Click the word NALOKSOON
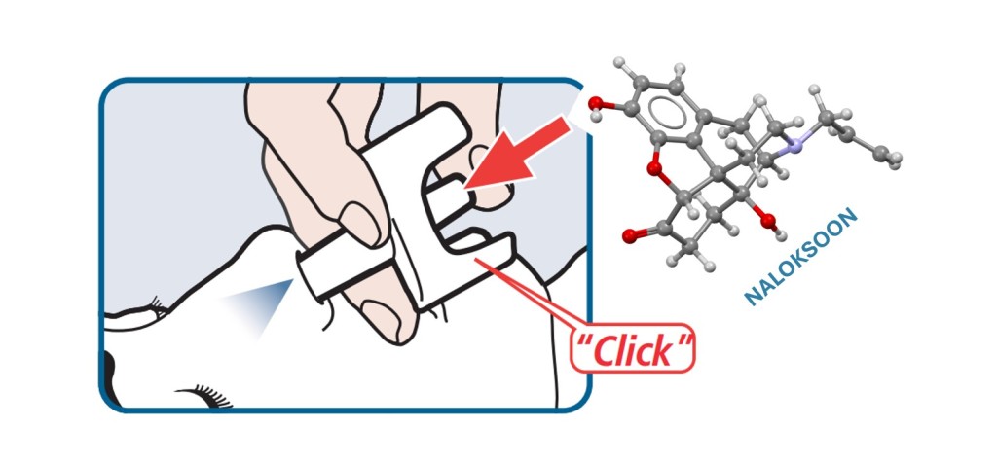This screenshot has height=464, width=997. (x=801, y=257)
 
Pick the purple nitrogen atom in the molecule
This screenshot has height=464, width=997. (x=793, y=146)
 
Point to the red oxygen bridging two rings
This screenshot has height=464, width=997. (x=653, y=168)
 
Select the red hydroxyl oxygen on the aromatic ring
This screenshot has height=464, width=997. (x=595, y=103)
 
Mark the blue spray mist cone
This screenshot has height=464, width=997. (x=262, y=303)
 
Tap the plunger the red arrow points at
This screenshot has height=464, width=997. (x=450, y=198)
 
